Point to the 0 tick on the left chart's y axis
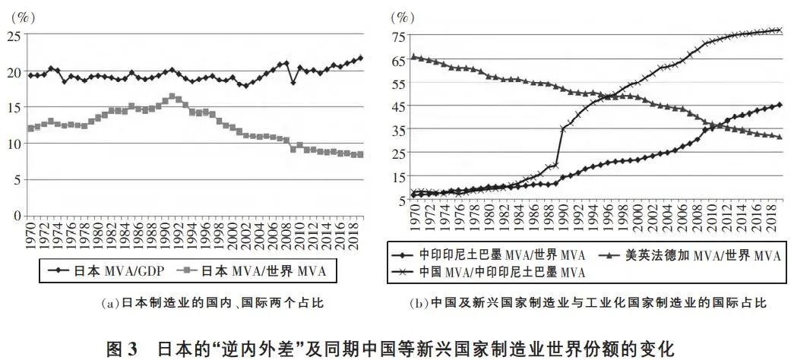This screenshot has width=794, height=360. click(x=16, y=216)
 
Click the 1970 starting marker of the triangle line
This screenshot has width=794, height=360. click(x=413, y=56)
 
